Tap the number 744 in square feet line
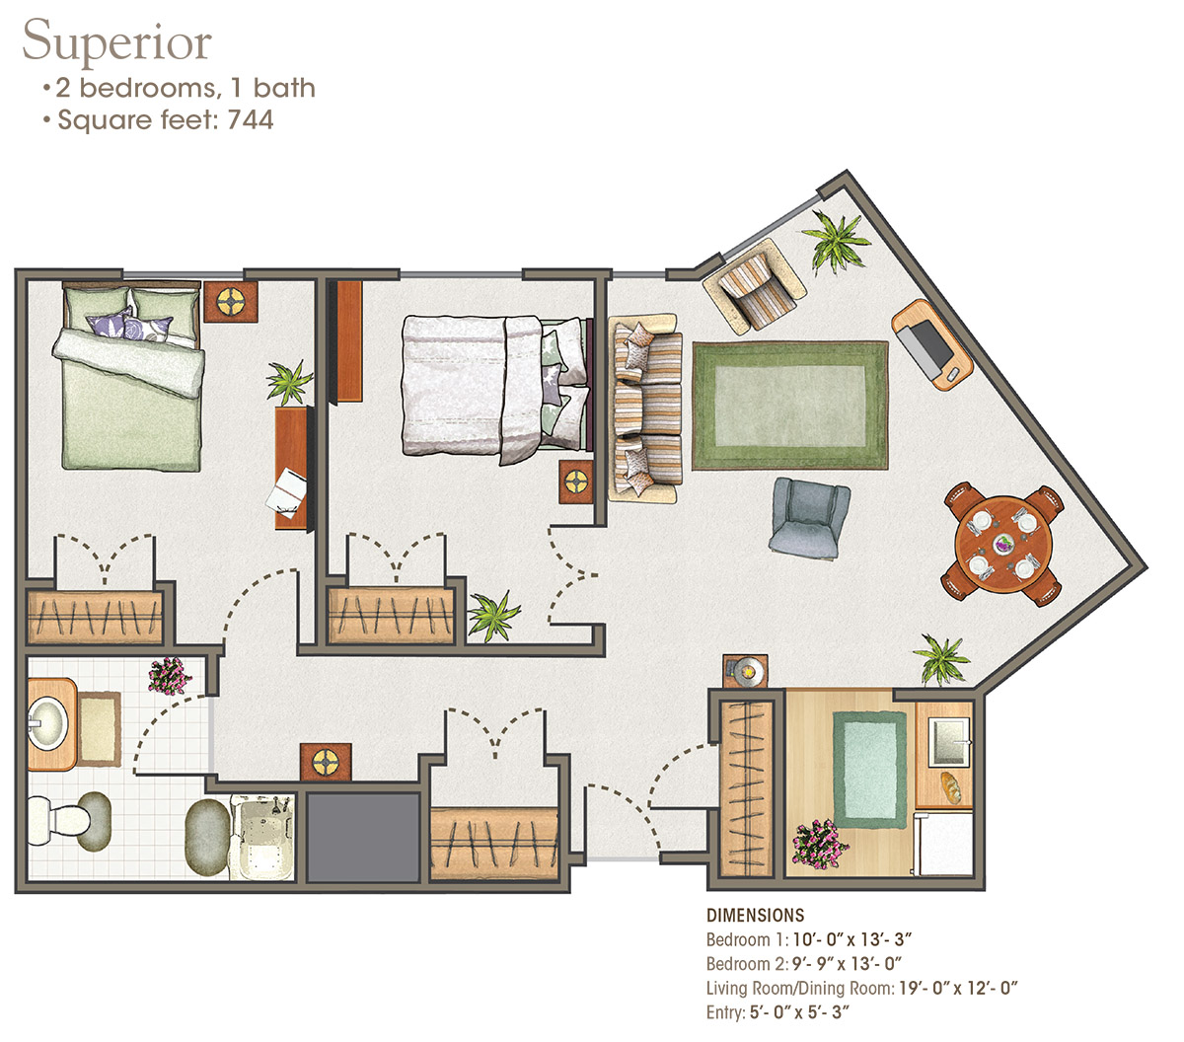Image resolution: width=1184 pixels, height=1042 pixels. click(x=251, y=119)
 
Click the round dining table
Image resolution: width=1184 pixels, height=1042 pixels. click(x=1002, y=544)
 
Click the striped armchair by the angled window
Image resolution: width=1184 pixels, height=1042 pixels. click(x=755, y=286)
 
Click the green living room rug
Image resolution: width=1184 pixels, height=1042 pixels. click(x=789, y=406)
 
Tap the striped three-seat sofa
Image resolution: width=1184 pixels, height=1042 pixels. click(x=644, y=408)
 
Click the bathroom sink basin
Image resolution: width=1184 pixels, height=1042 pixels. click(x=48, y=724)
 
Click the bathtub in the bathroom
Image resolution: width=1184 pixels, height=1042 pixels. click(x=261, y=837)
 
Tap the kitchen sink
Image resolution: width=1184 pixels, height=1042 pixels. click(x=947, y=741)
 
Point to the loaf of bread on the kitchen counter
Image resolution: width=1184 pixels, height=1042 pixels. click(x=951, y=787)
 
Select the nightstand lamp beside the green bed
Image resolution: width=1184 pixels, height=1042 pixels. click(x=230, y=302)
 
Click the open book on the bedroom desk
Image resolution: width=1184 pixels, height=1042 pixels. click(x=286, y=492)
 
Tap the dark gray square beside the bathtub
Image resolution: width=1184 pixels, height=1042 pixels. click(x=363, y=837)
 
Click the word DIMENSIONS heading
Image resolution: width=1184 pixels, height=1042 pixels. click(x=755, y=916)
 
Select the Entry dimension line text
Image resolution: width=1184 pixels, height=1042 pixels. click(x=777, y=1011)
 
